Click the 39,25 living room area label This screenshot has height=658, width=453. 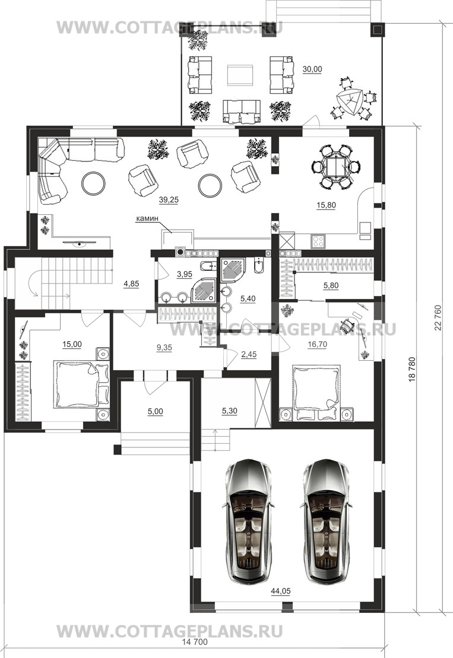[x=169, y=200]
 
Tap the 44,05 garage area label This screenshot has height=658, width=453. [x=281, y=592]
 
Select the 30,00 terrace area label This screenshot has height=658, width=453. [x=312, y=69]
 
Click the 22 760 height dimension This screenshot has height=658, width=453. [x=439, y=317]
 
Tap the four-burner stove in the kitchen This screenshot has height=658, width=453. [x=318, y=241]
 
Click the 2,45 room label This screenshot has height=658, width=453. [x=249, y=355]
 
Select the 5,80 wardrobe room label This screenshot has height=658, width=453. [x=331, y=286]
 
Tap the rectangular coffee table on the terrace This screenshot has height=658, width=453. [x=240, y=75]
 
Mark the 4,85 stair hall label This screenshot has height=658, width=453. [x=131, y=284]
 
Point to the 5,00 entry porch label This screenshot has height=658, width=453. [x=156, y=412]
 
